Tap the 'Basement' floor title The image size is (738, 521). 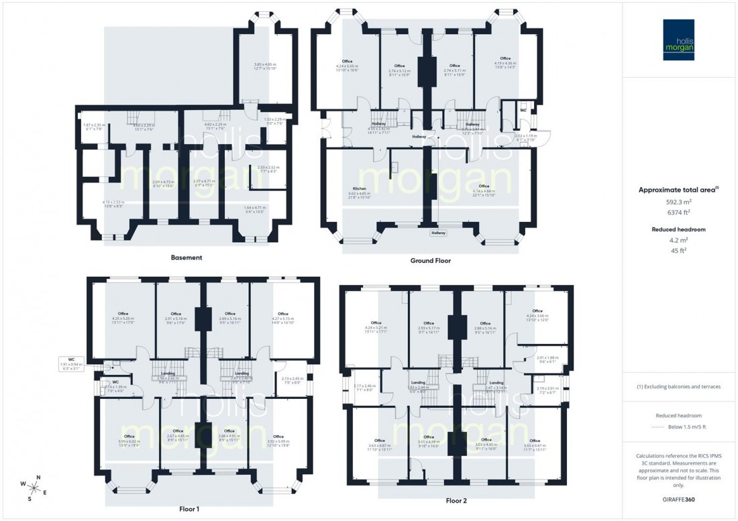coord(187,257)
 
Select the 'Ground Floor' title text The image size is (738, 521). coord(430,260)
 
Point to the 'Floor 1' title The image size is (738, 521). coord(189,509)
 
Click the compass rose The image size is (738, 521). coord(34,487)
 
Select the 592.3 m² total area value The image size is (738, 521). coord(679,202)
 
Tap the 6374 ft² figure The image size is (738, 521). coord(679,213)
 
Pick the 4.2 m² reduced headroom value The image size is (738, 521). coord(679,239)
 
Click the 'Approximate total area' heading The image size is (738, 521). coord(678,190)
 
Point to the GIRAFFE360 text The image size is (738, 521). coord(679,500)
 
